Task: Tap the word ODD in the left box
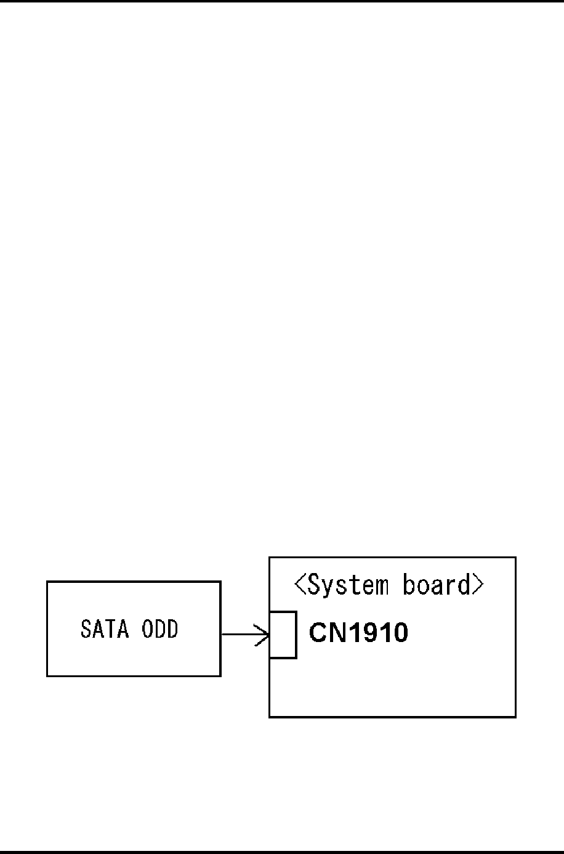159,629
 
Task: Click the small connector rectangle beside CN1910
283,635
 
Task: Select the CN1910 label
358,633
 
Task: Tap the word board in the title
437,585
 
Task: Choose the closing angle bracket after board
478,585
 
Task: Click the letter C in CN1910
317,633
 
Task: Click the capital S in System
314,585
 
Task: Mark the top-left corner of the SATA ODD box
47,582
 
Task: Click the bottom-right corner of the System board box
515,717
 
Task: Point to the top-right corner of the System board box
515,558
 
